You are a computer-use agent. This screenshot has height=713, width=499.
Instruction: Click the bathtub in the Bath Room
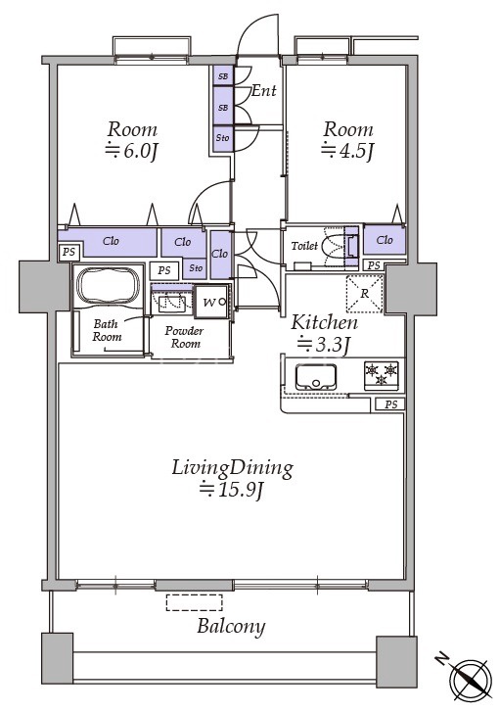108,285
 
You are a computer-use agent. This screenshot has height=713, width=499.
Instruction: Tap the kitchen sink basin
316,377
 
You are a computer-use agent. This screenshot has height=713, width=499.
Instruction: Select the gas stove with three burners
382,375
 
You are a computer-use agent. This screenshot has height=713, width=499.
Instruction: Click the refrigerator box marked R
365,294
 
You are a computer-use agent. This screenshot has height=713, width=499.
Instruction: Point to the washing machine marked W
210,302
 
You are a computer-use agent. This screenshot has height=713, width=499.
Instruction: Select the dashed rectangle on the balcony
194,602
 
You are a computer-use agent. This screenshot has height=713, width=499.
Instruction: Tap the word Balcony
231,627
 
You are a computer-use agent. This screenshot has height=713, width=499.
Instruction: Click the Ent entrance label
263,90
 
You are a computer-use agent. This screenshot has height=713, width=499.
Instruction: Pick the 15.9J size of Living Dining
232,490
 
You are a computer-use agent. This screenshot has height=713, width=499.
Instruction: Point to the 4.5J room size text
347,150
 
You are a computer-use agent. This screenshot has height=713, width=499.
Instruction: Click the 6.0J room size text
132,151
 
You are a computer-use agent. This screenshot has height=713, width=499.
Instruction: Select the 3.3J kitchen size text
323,345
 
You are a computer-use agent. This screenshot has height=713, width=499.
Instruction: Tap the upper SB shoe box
223,76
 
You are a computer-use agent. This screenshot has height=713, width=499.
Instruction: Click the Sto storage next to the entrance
223,138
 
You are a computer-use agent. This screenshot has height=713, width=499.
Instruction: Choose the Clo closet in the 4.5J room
385,239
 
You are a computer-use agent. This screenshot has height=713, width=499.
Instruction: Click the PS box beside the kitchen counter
390,404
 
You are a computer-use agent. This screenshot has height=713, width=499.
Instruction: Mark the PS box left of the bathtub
69,252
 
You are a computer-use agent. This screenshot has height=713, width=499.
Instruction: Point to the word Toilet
304,246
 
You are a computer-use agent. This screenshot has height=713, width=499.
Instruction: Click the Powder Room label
184,337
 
